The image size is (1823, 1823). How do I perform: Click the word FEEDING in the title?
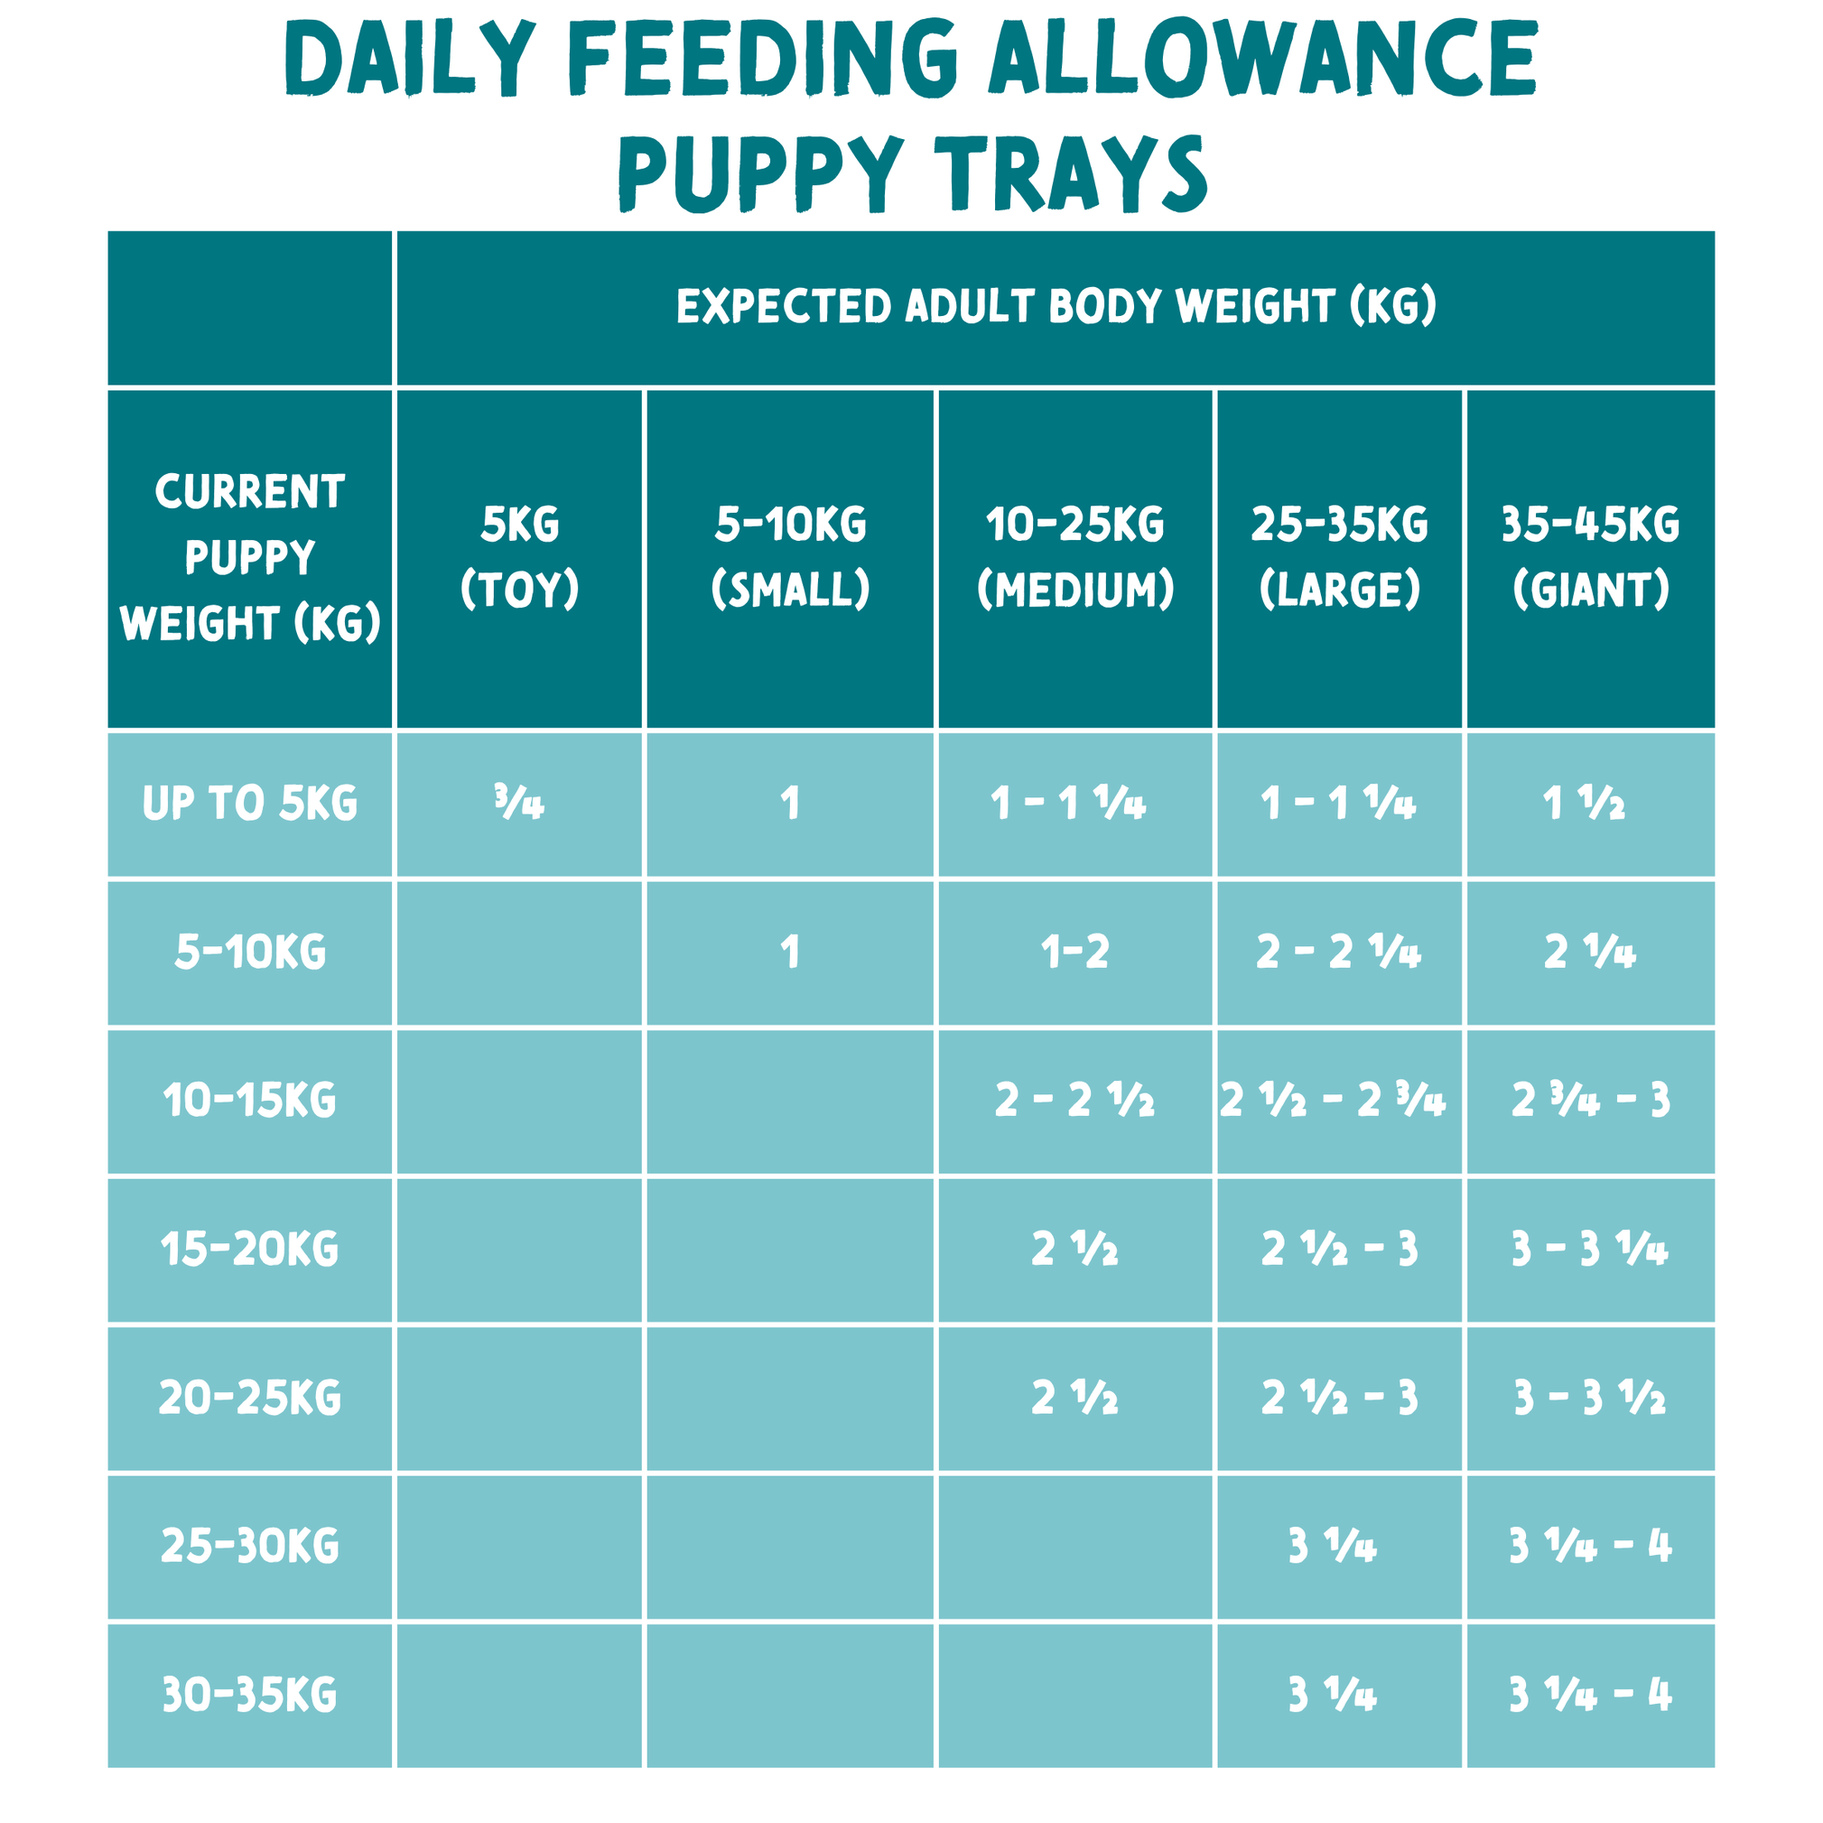(762, 59)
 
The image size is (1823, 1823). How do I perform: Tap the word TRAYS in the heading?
(1075, 173)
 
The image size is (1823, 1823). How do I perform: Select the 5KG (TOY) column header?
(519, 557)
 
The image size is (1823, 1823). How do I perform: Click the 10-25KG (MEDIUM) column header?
(1074, 557)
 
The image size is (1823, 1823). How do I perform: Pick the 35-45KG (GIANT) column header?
(1590, 557)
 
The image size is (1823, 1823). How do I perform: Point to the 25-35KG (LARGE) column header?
(1339, 557)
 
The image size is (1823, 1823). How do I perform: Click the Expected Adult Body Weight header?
(1055, 307)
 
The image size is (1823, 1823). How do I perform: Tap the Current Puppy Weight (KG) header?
(249, 557)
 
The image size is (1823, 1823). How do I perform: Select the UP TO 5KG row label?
(249, 804)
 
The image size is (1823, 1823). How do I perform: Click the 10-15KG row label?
(249, 1101)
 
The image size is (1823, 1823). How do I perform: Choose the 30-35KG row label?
(249, 1695)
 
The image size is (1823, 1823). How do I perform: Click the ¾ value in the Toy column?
(519, 804)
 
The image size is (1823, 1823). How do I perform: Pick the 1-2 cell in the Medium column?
(1074, 952)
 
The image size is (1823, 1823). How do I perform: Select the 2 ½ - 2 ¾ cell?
(1333, 1101)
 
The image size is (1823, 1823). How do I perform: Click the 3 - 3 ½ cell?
(1590, 1398)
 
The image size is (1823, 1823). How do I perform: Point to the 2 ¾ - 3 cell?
(1590, 1101)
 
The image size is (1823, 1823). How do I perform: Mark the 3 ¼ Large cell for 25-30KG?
(1333, 1546)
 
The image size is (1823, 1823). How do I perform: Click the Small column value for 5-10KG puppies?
(790, 952)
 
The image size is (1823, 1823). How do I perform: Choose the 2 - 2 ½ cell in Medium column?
(1074, 1101)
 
